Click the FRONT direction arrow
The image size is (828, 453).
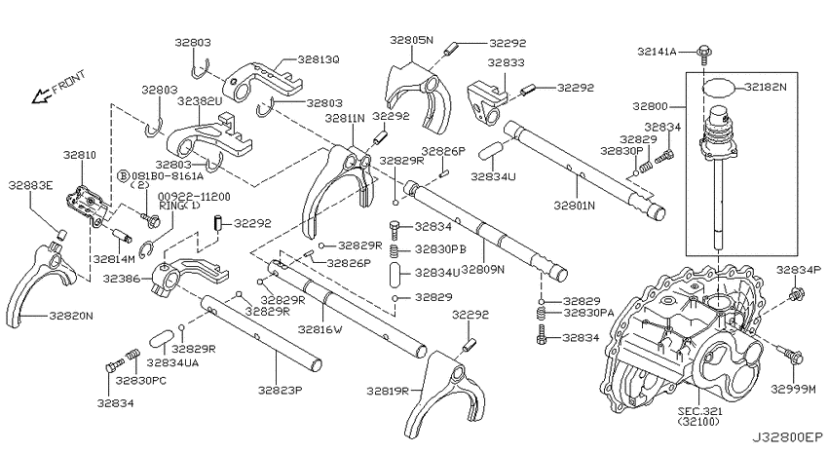[40, 96]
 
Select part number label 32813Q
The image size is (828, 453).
[318, 59]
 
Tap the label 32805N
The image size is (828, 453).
[411, 40]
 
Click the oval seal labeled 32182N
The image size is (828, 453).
[720, 88]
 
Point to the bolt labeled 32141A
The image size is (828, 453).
[704, 54]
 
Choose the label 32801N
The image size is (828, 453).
[574, 205]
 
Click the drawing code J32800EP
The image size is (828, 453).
[787, 437]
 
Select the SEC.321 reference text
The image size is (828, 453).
[701, 411]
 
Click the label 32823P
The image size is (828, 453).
[280, 391]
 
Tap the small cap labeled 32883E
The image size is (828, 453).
[61, 234]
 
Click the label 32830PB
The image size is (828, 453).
[440, 248]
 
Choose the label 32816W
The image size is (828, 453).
[320, 329]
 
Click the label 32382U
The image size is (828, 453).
[199, 101]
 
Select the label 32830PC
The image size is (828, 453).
[141, 381]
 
